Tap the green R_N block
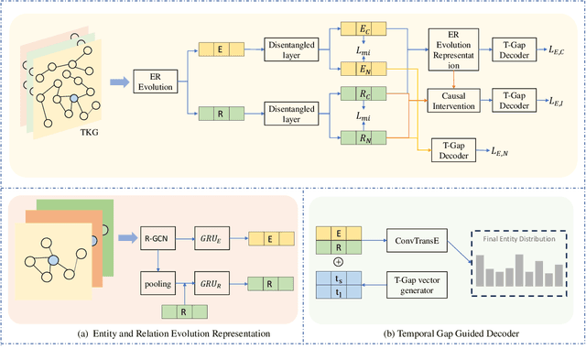(x=353, y=138)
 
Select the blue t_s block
(x=339, y=278)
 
